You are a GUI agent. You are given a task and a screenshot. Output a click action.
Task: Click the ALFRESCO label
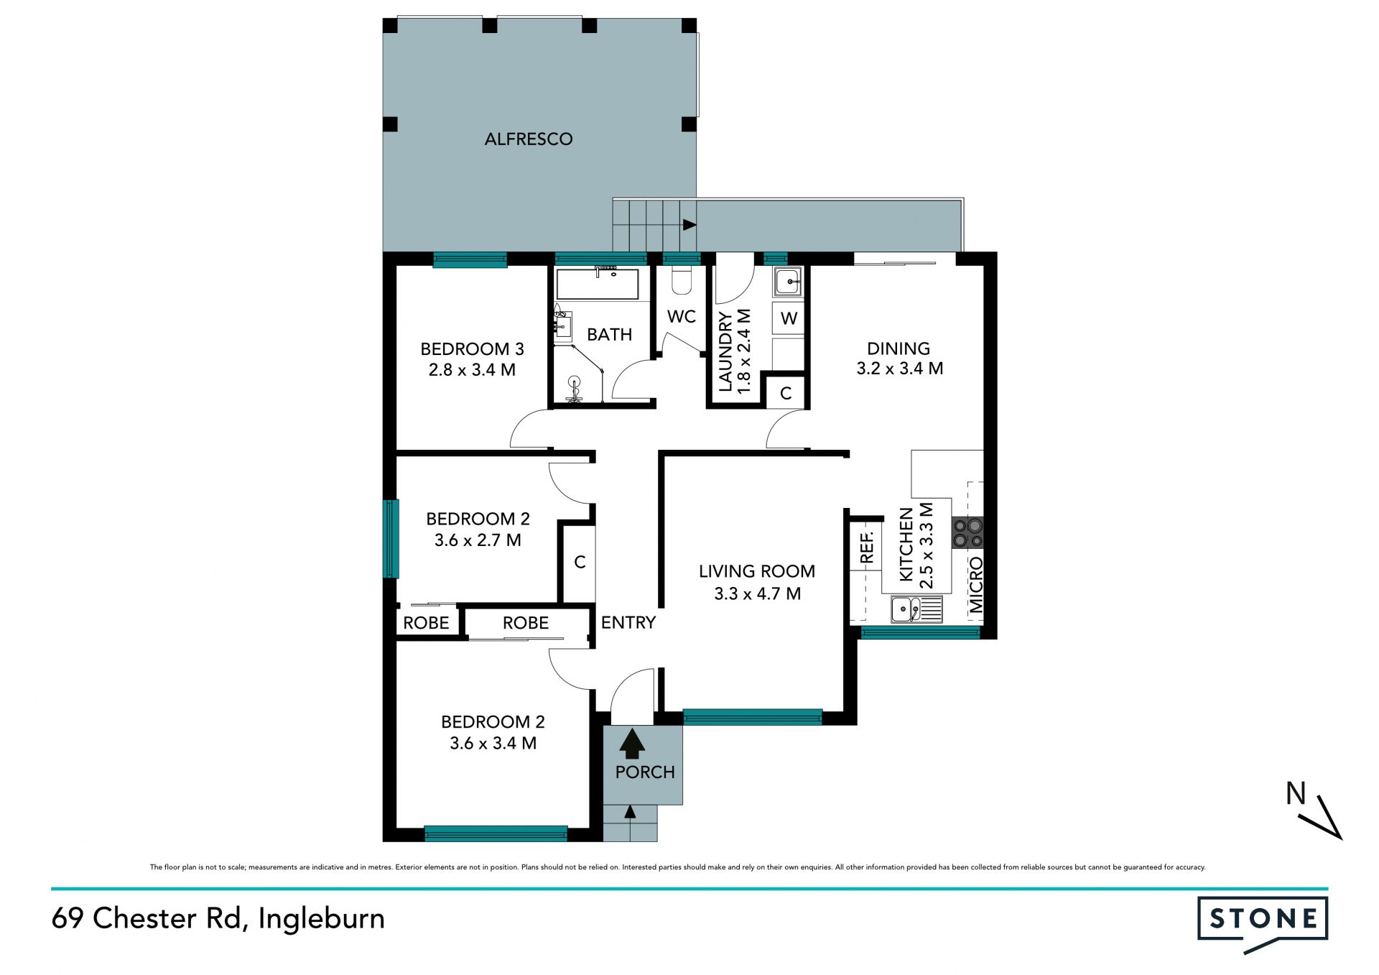(529, 139)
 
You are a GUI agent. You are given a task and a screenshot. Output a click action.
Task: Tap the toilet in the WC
(681, 280)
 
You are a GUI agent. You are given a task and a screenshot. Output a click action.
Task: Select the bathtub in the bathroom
(597, 285)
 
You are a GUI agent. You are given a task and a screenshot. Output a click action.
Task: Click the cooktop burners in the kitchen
(967, 533)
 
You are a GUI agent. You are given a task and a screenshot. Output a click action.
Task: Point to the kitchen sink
(916, 609)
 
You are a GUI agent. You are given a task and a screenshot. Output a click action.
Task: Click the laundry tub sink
(788, 282)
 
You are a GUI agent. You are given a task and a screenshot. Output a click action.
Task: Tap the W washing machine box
(788, 318)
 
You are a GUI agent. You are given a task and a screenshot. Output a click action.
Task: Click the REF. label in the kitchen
(867, 547)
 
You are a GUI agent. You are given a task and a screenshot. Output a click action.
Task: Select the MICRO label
(975, 585)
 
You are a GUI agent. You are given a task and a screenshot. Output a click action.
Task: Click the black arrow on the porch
(632, 744)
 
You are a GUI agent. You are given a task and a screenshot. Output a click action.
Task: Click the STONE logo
(1263, 924)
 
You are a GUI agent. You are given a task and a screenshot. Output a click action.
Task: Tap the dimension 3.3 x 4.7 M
(757, 593)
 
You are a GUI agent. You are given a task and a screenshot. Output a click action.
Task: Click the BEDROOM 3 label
(472, 349)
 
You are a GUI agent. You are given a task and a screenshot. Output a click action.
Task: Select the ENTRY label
(628, 622)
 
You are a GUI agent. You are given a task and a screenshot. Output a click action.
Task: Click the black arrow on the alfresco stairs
(689, 225)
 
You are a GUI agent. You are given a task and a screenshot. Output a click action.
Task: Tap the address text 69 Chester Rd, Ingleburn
(218, 919)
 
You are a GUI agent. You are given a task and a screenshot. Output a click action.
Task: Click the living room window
(753, 716)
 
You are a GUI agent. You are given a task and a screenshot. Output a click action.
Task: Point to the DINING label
(899, 348)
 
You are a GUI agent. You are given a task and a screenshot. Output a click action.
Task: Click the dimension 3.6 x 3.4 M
(493, 743)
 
